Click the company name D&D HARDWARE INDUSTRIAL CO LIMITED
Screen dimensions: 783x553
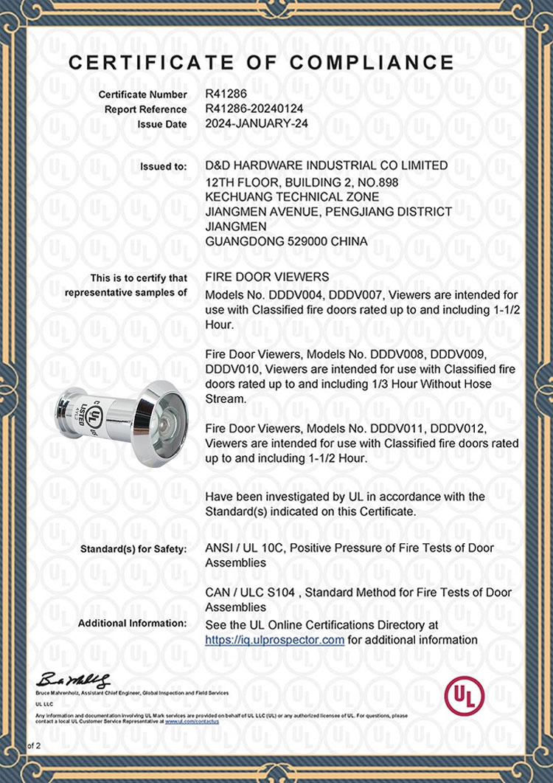click(x=326, y=166)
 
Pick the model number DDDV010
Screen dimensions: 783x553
click(x=229, y=368)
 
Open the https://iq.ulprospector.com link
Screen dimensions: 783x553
click(x=274, y=640)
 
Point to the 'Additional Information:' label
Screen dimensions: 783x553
click(x=133, y=624)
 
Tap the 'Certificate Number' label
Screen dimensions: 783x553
click(x=142, y=95)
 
